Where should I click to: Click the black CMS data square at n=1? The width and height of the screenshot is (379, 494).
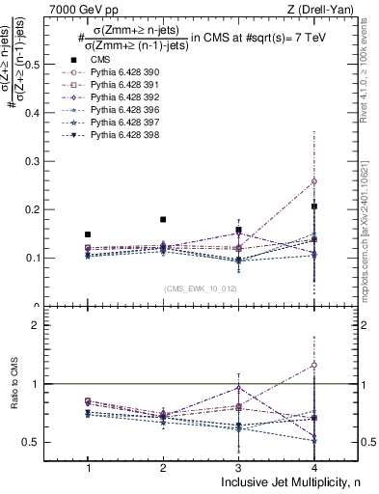(88, 234)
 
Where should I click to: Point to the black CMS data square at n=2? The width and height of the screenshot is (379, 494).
(163, 220)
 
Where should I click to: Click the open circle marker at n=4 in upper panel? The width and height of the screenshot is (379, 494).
(313, 181)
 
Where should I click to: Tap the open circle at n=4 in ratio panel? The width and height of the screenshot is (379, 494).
(313, 365)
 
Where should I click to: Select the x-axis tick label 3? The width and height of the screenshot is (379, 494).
(238, 467)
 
